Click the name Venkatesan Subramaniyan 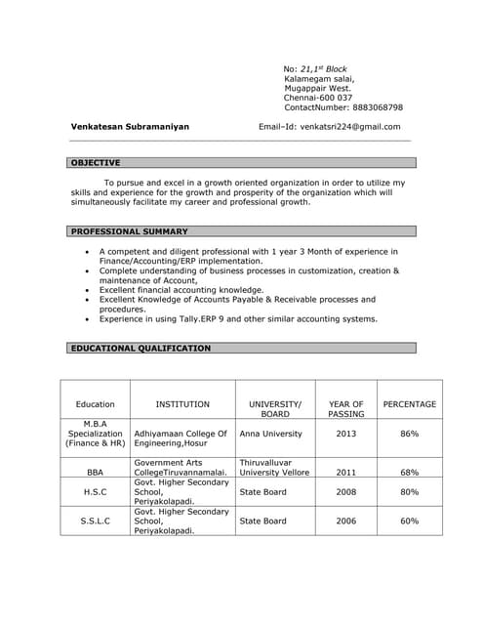(x=130, y=127)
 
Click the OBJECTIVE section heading (x=96, y=163)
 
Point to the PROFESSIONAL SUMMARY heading (x=130, y=231)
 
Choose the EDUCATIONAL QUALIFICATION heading (x=141, y=348)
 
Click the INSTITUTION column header (x=182, y=403)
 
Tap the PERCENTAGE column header (x=409, y=403)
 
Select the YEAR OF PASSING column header (x=345, y=408)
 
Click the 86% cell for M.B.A (x=409, y=434)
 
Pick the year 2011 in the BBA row (x=345, y=473)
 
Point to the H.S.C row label (x=95, y=492)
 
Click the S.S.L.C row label (x=95, y=521)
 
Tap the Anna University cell (x=271, y=434)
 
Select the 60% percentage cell (x=409, y=521)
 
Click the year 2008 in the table (x=345, y=492)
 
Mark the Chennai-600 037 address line (x=318, y=98)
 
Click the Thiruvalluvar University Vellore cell (x=274, y=468)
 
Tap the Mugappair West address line (x=318, y=88)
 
